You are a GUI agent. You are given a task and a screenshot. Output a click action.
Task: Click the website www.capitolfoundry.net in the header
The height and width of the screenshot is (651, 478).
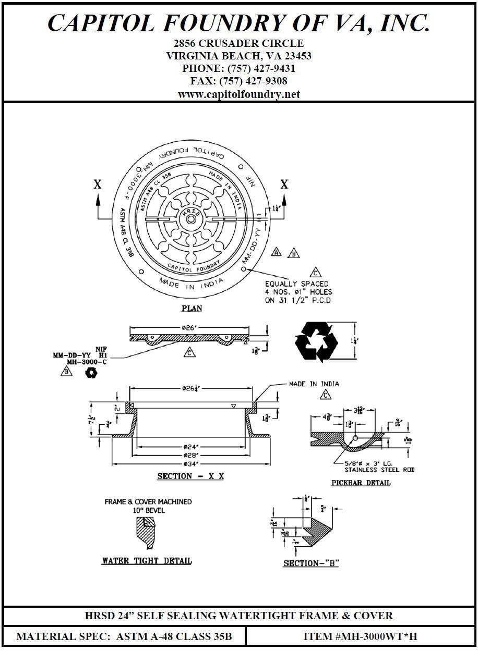pyautogui.click(x=238, y=94)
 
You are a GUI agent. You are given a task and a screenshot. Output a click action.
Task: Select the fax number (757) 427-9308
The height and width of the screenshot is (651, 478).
pyautogui.click(x=253, y=81)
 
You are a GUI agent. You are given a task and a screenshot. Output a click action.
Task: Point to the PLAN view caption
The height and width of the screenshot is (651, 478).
pyautogui.click(x=192, y=309)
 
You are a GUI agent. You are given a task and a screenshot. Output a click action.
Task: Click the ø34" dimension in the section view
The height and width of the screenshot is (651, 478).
pyautogui.click(x=190, y=463)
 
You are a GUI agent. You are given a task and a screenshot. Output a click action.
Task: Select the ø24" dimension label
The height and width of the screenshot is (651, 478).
pyautogui.click(x=190, y=446)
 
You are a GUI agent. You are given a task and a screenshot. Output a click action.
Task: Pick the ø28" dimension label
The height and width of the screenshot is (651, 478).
pyautogui.click(x=190, y=455)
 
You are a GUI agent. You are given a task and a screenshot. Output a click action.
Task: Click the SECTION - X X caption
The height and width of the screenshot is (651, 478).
pyautogui.click(x=190, y=476)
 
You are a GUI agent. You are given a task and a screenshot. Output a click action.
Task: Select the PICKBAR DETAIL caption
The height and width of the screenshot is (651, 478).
pyautogui.click(x=361, y=483)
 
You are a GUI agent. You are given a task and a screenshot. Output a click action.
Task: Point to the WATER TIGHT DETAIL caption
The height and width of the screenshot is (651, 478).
pyautogui.click(x=147, y=561)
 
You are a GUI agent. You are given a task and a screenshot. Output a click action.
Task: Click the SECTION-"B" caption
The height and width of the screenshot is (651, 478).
pyautogui.click(x=311, y=563)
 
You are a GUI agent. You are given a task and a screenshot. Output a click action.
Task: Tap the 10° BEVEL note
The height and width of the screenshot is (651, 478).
pyautogui.click(x=148, y=511)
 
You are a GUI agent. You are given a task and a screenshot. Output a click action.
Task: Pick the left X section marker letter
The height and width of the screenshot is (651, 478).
pyautogui.click(x=98, y=184)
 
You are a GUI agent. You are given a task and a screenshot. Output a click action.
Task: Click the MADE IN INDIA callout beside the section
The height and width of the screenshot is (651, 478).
pyautogui.click(x=314, y=384)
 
